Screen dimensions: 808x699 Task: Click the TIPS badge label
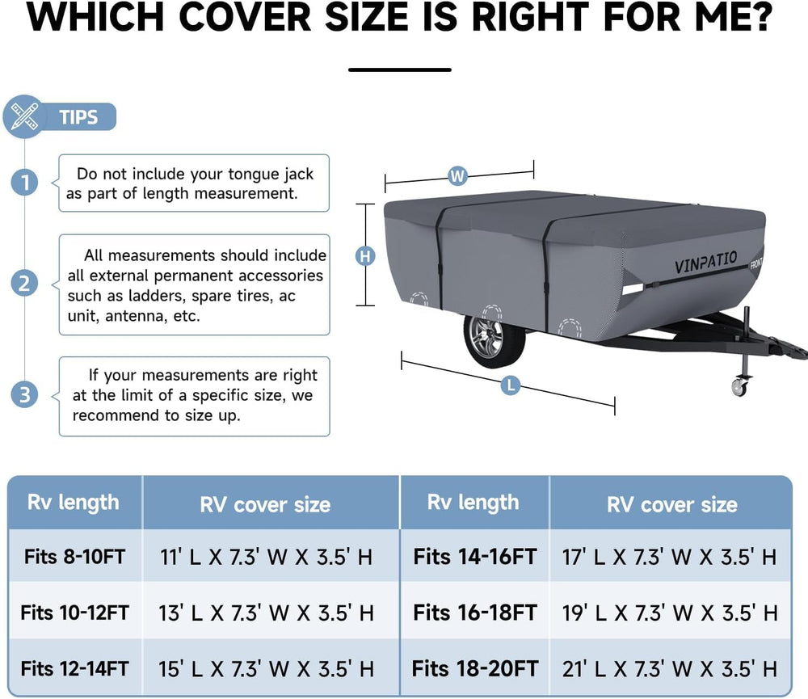78,117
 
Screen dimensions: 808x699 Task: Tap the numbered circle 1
25,183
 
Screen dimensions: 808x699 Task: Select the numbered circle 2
25,284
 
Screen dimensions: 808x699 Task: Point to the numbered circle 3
25,395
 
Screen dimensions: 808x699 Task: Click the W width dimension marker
457,176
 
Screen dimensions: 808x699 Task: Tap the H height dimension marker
365,255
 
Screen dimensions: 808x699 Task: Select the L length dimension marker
510,385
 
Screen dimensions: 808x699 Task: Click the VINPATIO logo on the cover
705,263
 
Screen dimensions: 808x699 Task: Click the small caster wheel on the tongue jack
739,387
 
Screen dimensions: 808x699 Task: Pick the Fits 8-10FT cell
74,557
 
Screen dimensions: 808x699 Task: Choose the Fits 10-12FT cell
74,613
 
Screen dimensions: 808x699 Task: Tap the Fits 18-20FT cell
474,668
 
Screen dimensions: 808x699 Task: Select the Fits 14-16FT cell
474,557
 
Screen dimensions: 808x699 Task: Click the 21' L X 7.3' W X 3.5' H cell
670,668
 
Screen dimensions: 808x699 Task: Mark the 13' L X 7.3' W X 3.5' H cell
266,613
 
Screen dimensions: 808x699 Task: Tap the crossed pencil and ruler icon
24,116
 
